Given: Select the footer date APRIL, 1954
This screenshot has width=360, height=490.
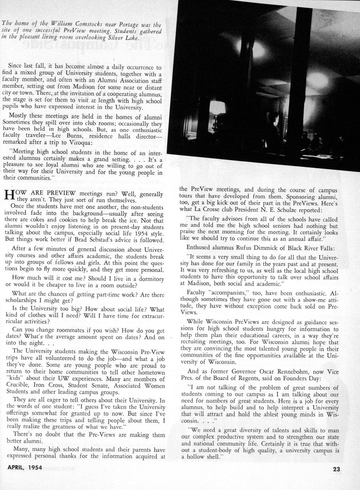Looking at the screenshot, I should [x=25, y=468].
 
